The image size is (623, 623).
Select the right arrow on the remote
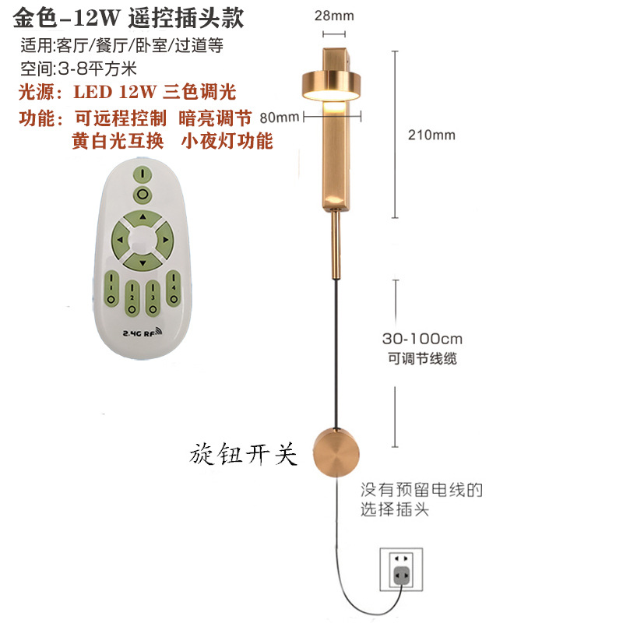pos(167,239)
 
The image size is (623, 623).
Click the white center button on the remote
pos(142,238)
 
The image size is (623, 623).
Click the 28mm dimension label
pos(333,16)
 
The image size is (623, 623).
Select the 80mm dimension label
pos(281,118)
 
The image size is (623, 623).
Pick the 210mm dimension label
pos(431,135)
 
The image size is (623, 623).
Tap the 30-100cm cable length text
pos(423,340)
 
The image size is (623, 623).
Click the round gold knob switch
pos(337,452)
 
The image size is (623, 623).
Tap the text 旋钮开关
pos(244,455)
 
